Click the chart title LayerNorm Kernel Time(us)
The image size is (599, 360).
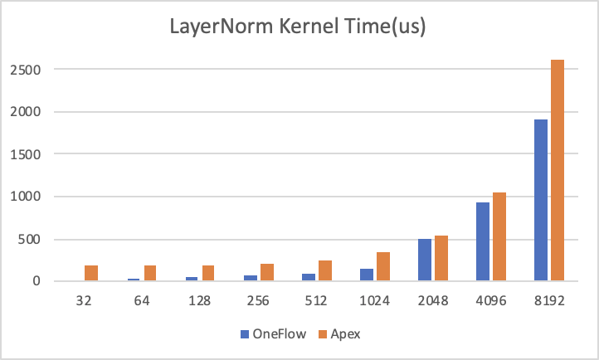299,27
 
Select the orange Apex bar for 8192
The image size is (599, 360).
558,170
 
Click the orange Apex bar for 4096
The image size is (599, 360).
499,236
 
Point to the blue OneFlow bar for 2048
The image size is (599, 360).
426,260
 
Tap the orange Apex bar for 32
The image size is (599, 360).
91,273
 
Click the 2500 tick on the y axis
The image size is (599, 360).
25,69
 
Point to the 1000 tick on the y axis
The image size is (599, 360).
25,197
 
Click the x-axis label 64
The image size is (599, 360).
143,303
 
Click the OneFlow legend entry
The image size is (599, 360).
272,334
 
